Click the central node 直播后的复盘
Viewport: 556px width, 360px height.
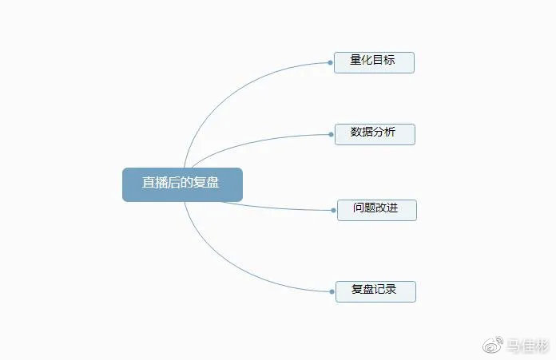point(182,184)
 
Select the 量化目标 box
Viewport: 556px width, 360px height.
point(374,63)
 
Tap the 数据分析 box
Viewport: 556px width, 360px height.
point(375,134)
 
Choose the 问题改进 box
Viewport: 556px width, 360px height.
point(376,210)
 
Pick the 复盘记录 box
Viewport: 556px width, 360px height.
point(375,291)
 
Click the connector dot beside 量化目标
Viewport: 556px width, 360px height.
point(330,63)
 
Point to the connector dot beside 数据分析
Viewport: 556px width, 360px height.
point(331,134)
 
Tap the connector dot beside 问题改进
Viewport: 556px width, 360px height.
point(333,210)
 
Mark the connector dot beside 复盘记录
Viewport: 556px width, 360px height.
point(332,291)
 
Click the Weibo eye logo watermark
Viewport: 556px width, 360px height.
point(493,345)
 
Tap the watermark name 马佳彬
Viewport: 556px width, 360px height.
point(527,346)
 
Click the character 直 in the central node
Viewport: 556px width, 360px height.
point(149,183)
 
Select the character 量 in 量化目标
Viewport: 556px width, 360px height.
point(355,60)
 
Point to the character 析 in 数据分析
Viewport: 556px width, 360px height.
point(390,132)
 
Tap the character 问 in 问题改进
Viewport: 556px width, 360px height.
point(359,208)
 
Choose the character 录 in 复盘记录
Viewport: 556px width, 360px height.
point(391,289)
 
